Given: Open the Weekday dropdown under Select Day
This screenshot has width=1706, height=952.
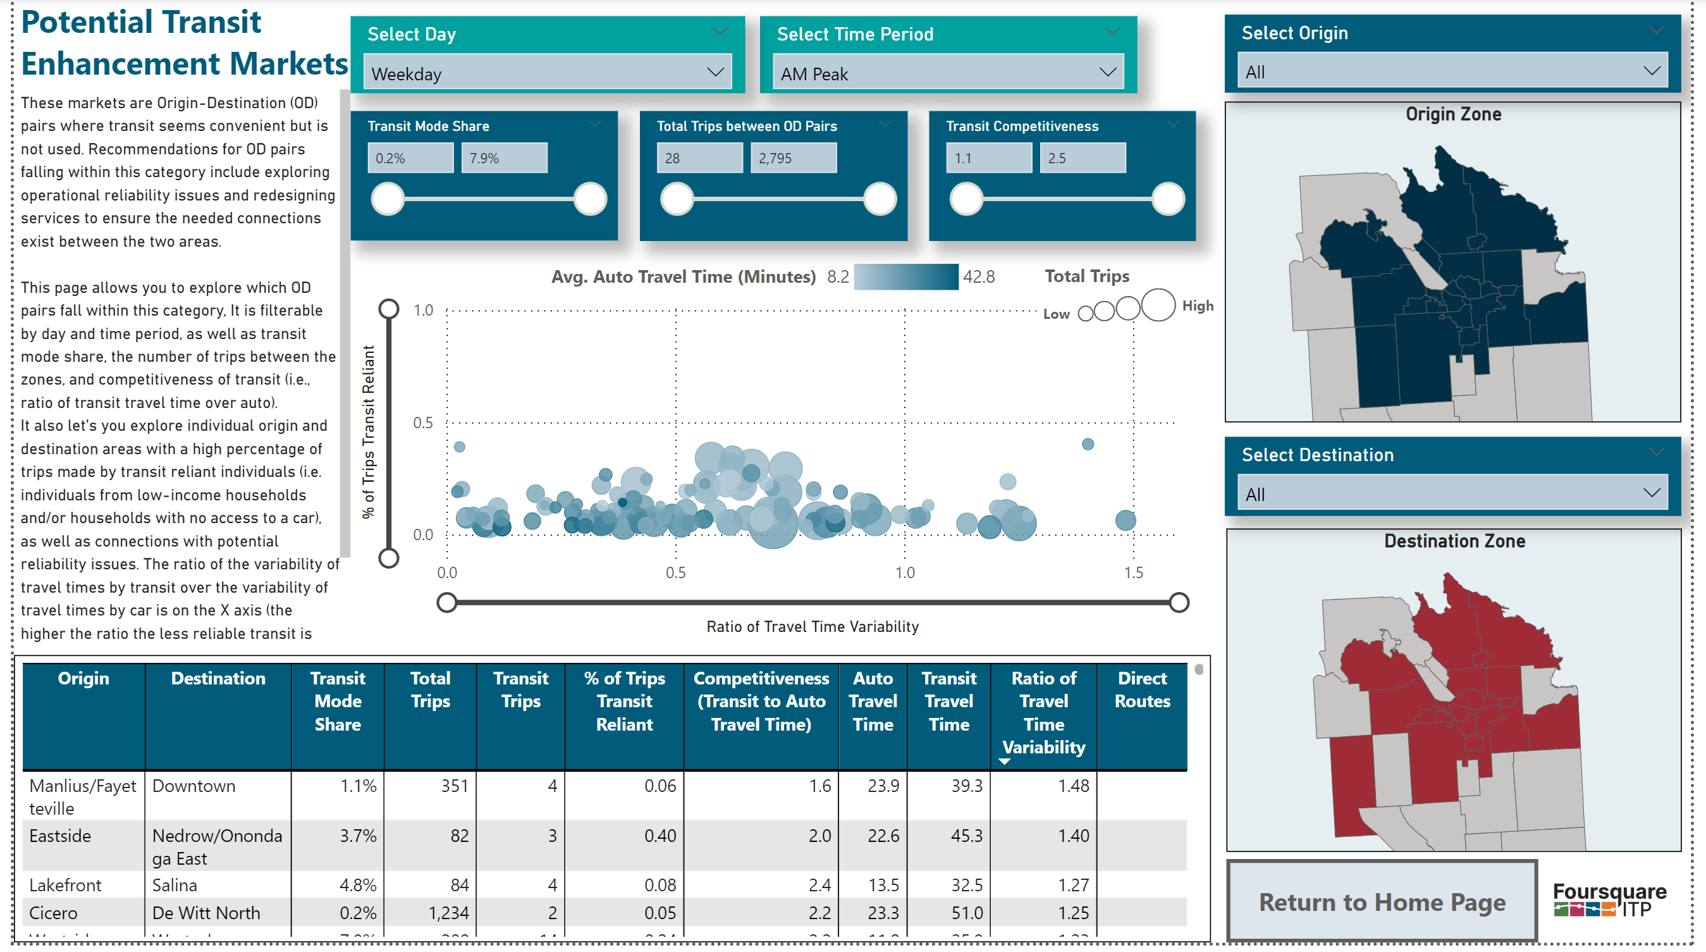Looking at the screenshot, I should [547, 73].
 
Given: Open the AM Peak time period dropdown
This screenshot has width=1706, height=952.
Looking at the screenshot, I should [948, 73].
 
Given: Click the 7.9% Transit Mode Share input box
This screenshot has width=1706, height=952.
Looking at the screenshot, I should [504, 158].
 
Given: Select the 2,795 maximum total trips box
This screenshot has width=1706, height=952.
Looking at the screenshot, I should [793, 158].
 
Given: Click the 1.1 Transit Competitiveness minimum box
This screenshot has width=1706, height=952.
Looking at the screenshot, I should [989, 158].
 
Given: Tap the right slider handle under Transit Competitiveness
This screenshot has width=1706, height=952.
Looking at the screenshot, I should [1167, 199].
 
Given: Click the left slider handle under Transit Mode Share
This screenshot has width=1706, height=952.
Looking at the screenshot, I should [388, 199].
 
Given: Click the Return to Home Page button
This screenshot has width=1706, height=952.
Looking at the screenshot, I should [1382, 901].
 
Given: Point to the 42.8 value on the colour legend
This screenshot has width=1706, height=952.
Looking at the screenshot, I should [978, 276].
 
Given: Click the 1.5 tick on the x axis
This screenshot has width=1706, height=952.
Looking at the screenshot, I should [1133, 572].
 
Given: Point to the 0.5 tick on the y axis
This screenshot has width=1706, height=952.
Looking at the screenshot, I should [422, 423].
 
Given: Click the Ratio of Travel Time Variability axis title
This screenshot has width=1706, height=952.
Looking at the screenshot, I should [812, 626].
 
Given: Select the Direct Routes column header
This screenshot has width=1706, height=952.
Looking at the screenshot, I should [1142, 689].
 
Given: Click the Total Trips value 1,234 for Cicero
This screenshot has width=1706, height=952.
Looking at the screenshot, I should [448, 912].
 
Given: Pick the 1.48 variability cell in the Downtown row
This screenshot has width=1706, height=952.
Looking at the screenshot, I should [1073, 786].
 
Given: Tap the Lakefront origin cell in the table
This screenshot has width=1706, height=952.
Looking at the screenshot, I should [66, 885].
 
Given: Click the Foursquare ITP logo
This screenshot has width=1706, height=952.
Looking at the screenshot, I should [1609, 899].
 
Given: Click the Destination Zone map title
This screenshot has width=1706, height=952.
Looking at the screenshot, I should [1454, 541].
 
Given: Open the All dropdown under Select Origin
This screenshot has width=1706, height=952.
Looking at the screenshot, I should [1452, 71].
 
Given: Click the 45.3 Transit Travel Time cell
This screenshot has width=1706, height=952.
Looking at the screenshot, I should [966, 836].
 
